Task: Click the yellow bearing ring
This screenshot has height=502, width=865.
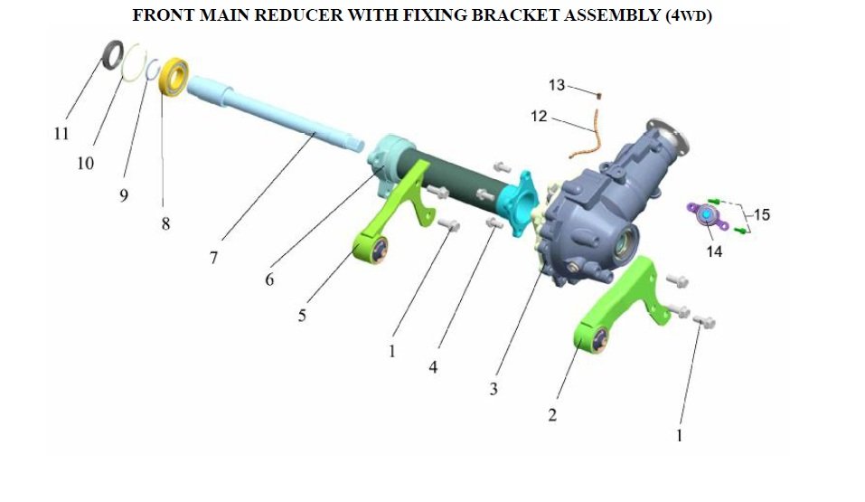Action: pos(174,77)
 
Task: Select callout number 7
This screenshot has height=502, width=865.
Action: pos(213,258)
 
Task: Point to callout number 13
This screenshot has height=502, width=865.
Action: pos(557,85)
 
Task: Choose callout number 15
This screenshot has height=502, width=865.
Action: pos(762,214)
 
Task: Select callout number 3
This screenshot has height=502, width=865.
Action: pos(494,389)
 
